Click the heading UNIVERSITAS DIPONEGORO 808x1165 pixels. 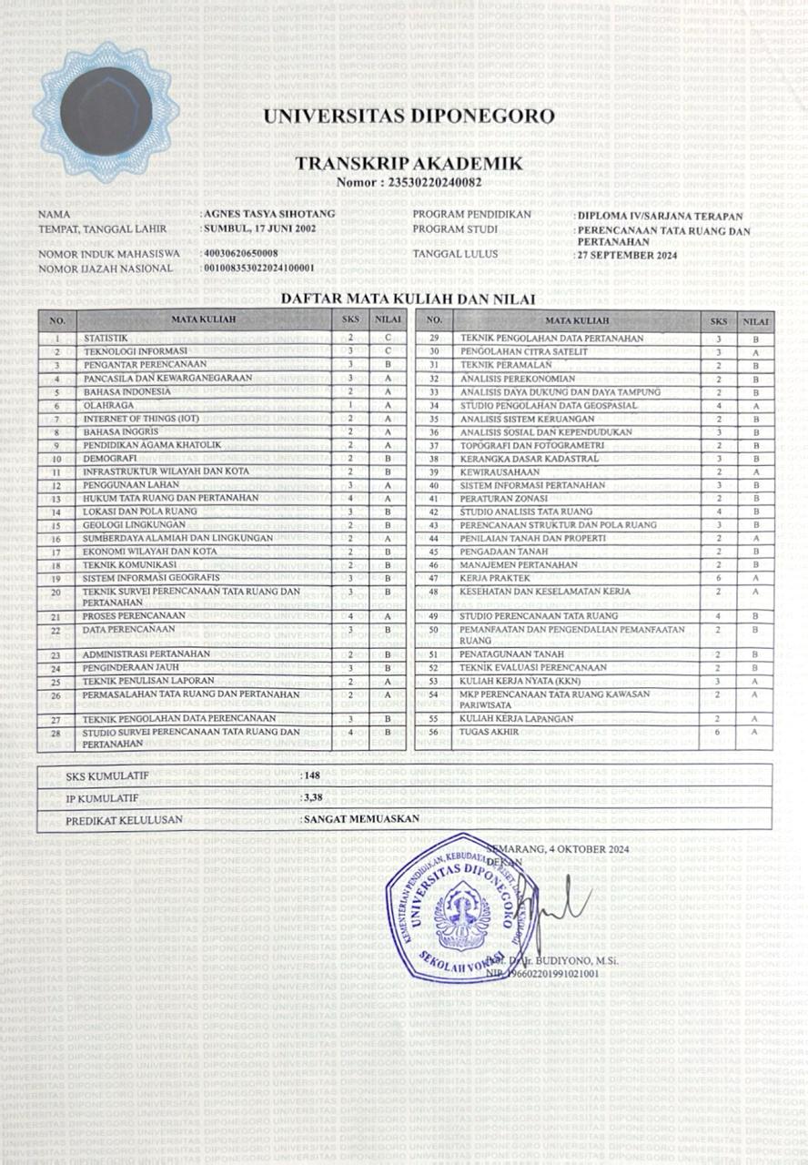(x=409, y=116)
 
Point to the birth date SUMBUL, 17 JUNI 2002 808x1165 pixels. (x=261, y=228)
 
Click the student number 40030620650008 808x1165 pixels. (x=242, y=253)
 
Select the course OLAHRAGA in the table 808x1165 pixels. (x=103, y=405)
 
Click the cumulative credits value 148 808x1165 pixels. (x=312, y=775)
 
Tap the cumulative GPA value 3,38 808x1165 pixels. (x=313, y=797)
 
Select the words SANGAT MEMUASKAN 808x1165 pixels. (x=362, y=818)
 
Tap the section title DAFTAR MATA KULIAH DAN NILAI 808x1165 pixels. (x=407, y=299)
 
